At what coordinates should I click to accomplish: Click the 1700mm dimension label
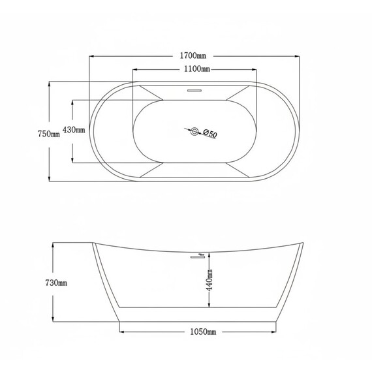(x=193, y=55)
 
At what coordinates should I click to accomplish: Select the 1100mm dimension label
(x=197, y=69)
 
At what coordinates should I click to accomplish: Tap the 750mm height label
(x=49, y=134)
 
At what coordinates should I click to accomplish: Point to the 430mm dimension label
(x=74, y=130)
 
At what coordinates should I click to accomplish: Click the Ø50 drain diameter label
(x=210, y=133)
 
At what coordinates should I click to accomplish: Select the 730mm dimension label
(x=56, y=283)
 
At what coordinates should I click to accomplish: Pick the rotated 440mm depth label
(x=209, y=280)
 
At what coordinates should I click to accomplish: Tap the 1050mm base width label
(x=203, y=332)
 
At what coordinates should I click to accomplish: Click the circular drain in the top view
(x=194, y=131)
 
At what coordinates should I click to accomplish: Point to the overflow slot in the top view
(x=194, y=91)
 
